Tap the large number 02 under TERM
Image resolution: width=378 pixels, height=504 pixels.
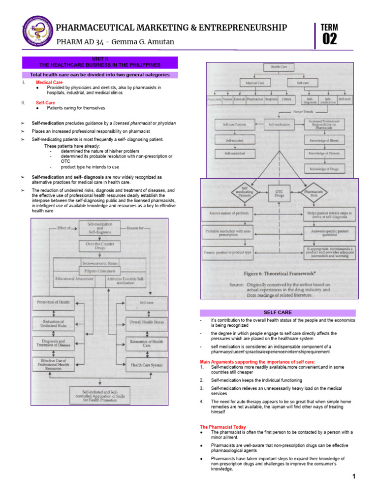[329, 39]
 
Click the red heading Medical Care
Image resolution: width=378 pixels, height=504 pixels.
[49, 82]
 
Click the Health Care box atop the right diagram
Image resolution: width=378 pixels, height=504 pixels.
[279, 67]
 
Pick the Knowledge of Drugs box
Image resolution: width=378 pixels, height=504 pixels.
[326, 169]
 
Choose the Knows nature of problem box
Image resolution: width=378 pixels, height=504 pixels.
[227, 214]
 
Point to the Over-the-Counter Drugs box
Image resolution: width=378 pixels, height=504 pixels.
[100, 246]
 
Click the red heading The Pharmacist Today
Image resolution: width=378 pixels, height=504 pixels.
[222, 427]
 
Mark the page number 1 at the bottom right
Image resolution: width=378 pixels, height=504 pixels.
[354, 476]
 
